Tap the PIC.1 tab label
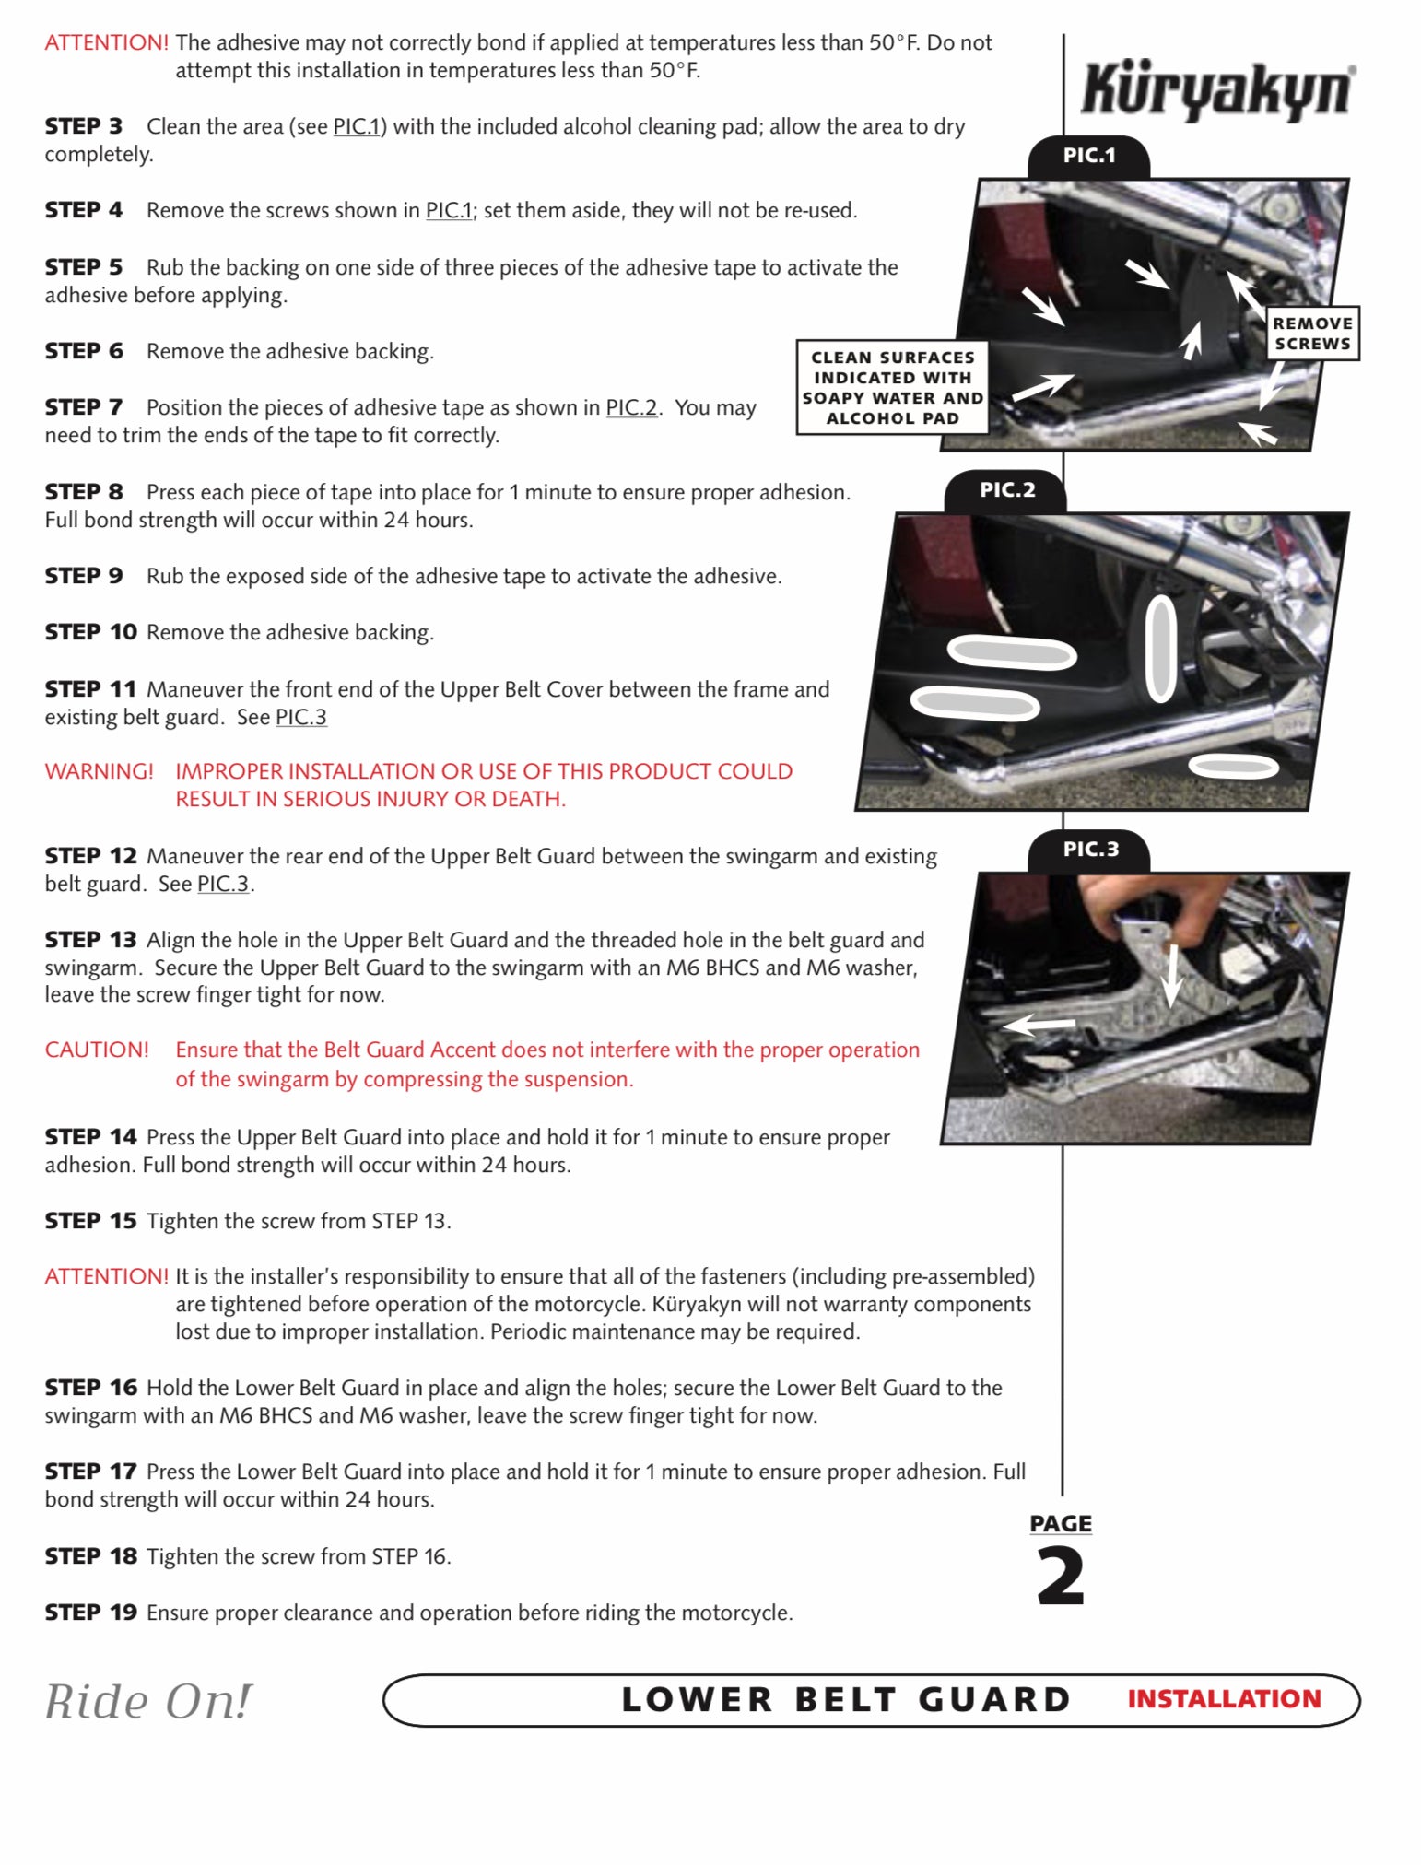click(1088, 156)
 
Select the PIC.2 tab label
click(1006, 490)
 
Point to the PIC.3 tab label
click(1090, 850)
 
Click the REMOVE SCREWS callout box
click(1312, 334)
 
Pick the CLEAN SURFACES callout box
click(892, 388)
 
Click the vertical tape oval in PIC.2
click(1161, 648)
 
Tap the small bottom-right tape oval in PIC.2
click(1233, 766)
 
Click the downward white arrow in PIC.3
click(1172, 975)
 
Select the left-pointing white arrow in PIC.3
click(1039, 1025)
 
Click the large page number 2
click(1061, 1578)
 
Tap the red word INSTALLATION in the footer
click(1224, 1699)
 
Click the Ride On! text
click(147, 1701)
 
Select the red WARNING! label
click(99, 771)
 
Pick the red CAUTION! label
click(97, 1050)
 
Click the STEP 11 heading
click(90, 689)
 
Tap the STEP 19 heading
click(90, 1613)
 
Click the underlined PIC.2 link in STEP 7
click(631, 407)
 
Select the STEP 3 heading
click(83, 126)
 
